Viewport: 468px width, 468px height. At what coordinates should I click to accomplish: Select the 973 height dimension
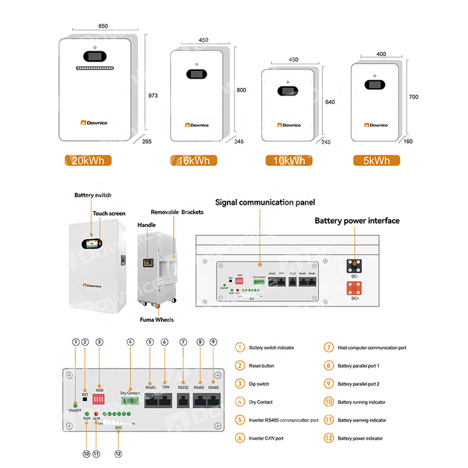[x=153, y=96]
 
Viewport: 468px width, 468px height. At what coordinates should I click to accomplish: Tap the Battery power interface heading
[x=357, y=221]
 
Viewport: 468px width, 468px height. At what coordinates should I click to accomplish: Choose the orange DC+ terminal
[x=354, y=289]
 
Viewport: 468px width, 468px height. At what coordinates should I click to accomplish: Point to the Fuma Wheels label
[x=156, y=319]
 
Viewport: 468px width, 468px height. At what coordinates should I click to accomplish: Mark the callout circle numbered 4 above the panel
[x=131, y=342]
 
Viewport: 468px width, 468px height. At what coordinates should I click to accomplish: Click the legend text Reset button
[x=262, y=366]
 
